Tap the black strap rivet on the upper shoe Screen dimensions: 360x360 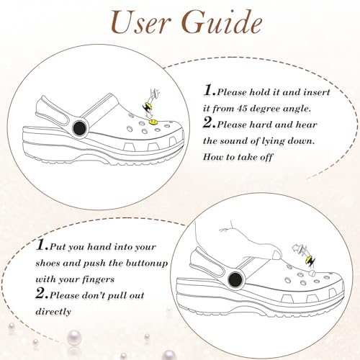coord(79,128)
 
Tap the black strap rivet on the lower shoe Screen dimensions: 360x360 coord(235,279)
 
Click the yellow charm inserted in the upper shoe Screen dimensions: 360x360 coord(153,122)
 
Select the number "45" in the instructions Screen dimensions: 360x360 coord(243,109)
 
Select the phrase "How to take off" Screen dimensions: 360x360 coord(238,157)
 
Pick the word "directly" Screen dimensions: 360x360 coord(53,312)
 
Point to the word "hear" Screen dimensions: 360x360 coord(307,125)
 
